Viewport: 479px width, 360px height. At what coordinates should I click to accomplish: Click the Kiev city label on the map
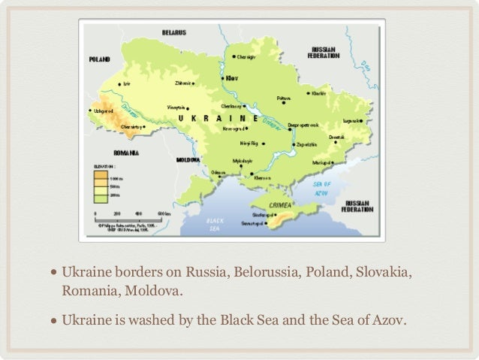(x=232, y=77)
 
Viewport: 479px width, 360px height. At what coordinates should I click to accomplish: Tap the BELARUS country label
(x=174, y=32)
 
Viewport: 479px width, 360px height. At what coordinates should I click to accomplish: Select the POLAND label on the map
(x=100, y=59)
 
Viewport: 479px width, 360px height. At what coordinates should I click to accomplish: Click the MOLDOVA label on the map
(x=187, y=160)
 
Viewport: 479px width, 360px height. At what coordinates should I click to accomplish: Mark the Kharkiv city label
(x=319, y=93)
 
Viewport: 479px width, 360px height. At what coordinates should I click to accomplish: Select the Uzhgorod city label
(x=103, y=110)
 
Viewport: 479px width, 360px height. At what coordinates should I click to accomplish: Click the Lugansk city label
(x=351, y=120)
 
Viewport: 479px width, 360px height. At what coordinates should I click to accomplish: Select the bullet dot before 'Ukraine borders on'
(x=54, y=271)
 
